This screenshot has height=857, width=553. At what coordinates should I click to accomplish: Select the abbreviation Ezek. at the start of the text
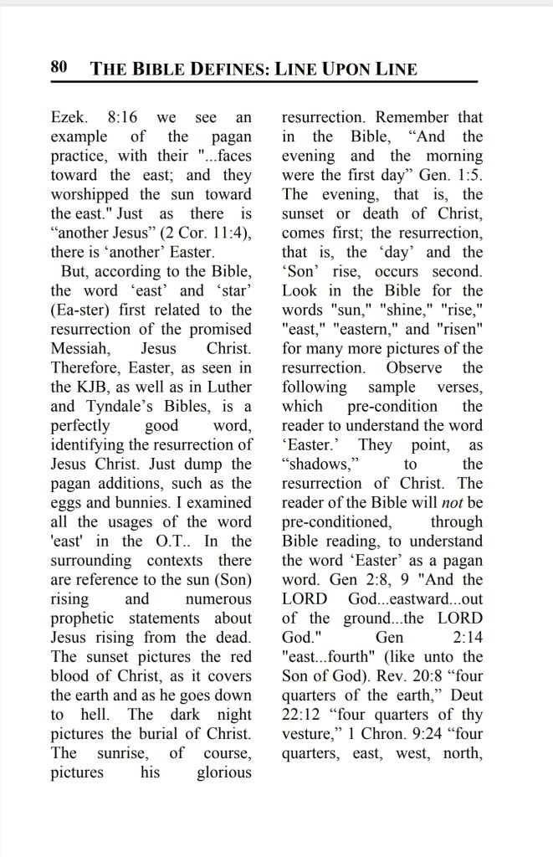coord(69,117)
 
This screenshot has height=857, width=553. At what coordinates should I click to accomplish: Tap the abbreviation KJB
coord(90,387)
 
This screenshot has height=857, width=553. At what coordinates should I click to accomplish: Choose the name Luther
coord(225,387)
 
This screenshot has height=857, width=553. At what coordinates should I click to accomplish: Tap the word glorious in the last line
coord(224,772)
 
